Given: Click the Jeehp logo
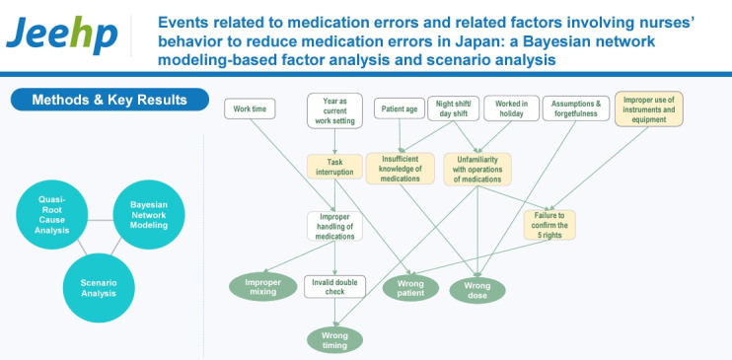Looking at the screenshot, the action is coord(61,36).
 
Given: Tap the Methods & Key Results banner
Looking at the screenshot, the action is coord(110,100).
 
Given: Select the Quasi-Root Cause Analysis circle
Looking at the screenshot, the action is coord(52,214).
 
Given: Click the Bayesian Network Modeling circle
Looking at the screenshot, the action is coord(148,214).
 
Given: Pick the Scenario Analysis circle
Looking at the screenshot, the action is coord(99,288).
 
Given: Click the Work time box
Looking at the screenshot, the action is coord(250,108).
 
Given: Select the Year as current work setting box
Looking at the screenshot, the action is coord(334,110).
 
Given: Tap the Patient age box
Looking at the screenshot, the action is coord(400,108).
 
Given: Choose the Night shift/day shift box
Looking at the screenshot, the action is coord(453,108).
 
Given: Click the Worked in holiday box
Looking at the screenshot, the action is coord(512,108).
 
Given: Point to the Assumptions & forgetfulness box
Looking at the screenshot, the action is coord(576,108).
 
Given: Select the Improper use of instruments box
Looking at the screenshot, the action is coord(649,108).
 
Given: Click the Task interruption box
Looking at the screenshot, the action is coord(334,167).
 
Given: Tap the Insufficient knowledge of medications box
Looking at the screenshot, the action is coord(401,168).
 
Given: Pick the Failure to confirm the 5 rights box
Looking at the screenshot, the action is coord(549,225).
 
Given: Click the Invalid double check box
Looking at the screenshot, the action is coord(334,287).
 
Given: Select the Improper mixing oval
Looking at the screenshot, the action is coord(262,287).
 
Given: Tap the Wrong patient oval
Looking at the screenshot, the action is coord(410,288).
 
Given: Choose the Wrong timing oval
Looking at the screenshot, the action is coord(334,340).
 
